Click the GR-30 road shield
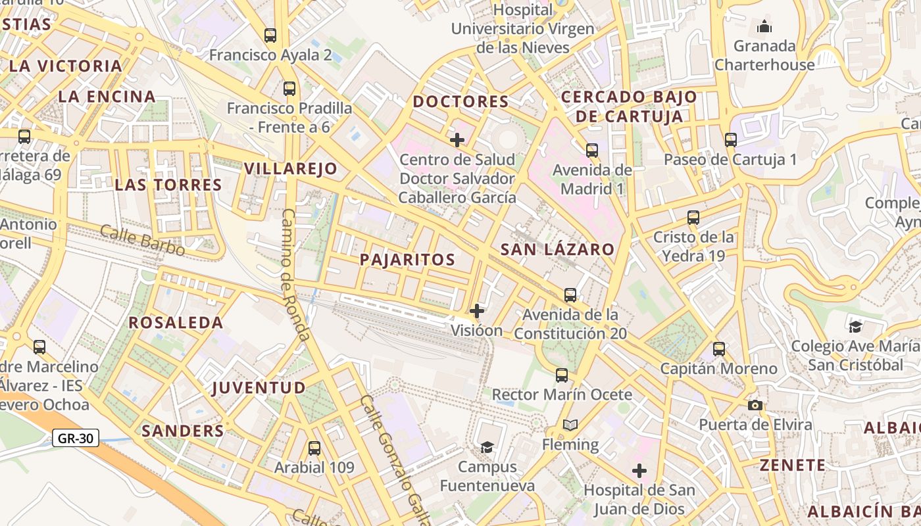tap(76, 438)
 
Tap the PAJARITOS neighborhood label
tap(408, 260)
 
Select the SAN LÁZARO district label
tap(557, 250)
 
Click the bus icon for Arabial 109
tap(314, 448)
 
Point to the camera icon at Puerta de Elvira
tap(755, 405)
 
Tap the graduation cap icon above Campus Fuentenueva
tap(486, 448)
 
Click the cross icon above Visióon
tap(477, 311)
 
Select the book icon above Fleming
tap(570, 425)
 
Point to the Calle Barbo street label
tap(142, 240)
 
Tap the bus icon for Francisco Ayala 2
tap(270, 36)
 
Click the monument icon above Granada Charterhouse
tap(764, 27)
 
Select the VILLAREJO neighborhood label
tap(290, 169)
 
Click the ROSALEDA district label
tap(176, 323)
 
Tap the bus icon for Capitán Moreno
tap(719, 349)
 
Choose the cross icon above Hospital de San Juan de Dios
tap(639, 471)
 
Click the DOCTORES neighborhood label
tap(460, 102)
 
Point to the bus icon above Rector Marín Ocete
tap(562, 375)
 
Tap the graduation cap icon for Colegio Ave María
tap(855, 327)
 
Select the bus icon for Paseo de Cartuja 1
tap(731, 140)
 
